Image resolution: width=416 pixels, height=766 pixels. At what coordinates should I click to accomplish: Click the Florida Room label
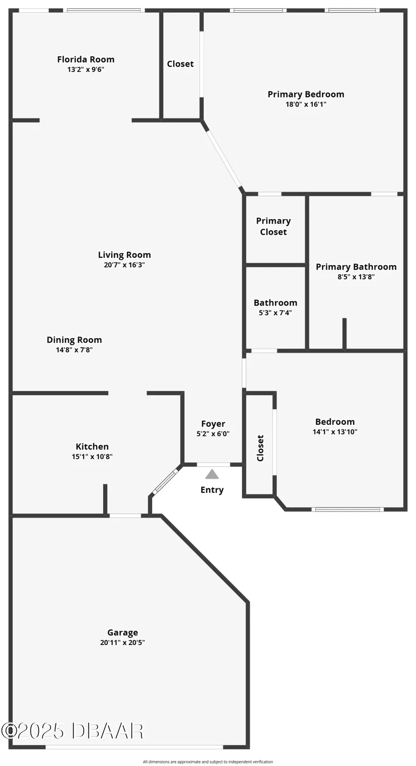86,59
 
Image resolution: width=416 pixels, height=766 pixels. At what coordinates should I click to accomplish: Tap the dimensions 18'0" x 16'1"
306,104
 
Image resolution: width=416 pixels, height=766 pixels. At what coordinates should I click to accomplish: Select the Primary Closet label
274,226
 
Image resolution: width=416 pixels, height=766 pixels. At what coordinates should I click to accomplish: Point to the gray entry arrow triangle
212,474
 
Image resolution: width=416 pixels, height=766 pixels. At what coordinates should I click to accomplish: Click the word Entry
212,490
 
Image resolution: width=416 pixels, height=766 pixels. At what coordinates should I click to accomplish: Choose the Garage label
123,632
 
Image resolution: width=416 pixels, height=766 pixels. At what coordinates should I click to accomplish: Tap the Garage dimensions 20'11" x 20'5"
123,642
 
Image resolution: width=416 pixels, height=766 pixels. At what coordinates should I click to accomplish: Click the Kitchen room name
92,446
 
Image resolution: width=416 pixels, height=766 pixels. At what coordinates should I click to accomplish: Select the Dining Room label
75,340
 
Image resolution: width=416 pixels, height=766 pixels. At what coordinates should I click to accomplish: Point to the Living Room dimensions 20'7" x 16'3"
125,265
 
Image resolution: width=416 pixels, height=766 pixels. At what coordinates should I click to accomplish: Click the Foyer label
213,423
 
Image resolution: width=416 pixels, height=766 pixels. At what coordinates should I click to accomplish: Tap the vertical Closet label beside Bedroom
260,448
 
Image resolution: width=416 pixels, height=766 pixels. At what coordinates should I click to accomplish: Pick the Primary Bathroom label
356,267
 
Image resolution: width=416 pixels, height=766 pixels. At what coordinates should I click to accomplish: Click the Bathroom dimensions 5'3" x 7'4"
275,313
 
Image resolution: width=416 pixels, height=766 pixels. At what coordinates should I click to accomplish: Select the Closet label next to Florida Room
180,64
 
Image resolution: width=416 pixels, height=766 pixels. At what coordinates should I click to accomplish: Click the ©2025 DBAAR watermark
72,731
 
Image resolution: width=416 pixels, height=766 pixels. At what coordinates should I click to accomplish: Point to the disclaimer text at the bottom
208,762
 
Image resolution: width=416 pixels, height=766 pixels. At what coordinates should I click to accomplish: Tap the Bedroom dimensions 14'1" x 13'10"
335,432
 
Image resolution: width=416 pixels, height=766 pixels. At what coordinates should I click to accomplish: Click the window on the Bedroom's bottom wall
348,509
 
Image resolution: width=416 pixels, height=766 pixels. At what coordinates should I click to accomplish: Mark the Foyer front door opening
213,464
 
